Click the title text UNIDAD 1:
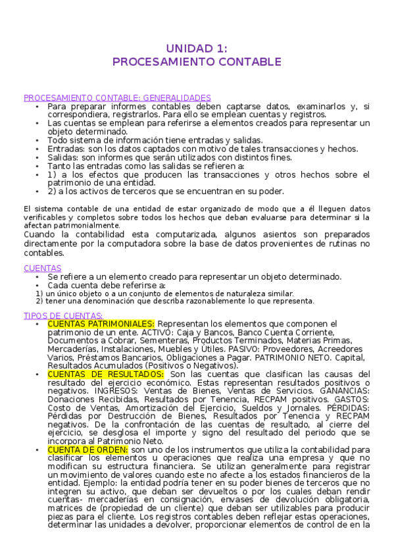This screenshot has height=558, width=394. (197, 48)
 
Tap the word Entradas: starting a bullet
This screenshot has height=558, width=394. (66, 149)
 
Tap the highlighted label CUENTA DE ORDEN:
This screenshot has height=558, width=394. (87, 449)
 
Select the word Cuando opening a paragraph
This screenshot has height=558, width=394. (39, 235)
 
